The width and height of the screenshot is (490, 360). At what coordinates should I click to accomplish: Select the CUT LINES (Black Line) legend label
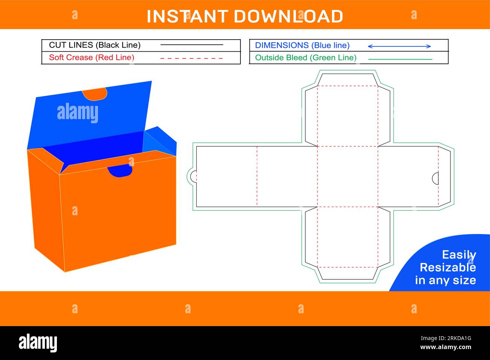[95, 45]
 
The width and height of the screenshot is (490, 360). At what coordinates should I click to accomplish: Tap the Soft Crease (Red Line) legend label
[92, 58]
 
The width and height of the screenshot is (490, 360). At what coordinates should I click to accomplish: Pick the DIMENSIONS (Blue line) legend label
[302, 45]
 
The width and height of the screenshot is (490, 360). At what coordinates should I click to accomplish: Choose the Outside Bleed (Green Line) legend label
[306, 58]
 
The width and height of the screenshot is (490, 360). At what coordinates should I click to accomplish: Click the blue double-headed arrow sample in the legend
[399, 46]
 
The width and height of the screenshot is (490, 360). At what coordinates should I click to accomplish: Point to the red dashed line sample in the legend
[191, 58]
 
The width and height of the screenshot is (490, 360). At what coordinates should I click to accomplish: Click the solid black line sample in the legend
[191, 44]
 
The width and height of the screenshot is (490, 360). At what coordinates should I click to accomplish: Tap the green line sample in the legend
[400, 59]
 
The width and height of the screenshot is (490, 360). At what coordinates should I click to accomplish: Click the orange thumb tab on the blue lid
[95, 94]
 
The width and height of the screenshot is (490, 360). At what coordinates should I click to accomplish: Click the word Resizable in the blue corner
[447, 268]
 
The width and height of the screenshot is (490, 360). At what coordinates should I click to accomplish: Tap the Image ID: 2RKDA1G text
[446, 338]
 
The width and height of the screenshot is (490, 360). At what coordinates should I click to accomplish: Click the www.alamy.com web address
[446, 347]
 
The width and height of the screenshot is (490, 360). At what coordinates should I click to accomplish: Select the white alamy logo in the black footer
[38, 343]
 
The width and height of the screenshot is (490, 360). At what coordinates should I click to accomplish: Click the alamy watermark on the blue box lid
[78, 113]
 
